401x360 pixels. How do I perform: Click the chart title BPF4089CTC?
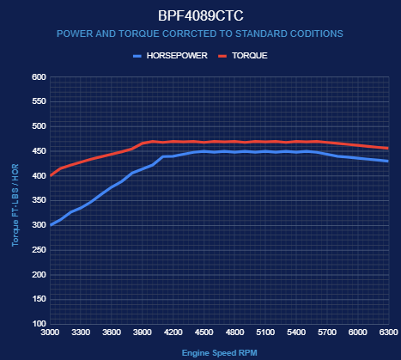[201, 15]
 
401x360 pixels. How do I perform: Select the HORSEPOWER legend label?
[177, 56]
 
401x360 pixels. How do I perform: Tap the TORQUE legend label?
[250, 56]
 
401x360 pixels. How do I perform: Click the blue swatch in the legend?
[137, 56]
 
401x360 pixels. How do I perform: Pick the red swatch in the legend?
[222, 56]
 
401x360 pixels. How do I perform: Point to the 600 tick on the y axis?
[39, 77]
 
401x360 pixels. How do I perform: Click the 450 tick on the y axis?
[39, 151]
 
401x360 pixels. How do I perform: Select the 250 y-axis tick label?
[39, 250]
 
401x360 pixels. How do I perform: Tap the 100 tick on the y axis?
[39, 324]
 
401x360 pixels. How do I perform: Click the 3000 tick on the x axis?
[50, 333]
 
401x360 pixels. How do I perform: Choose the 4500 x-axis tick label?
[204, 333]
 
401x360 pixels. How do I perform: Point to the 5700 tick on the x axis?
[327, 333]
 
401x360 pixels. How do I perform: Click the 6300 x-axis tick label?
[389, 333]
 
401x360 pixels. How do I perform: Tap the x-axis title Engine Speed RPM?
[220, 353]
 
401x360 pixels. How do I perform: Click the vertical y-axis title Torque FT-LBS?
[15, 205]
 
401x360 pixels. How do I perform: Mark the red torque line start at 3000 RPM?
[51, 175]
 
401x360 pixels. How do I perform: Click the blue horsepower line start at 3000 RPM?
[51, 225]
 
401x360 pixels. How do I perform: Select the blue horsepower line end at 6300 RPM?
[388, 162]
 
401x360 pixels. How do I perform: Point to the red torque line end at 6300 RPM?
[388, 149]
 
